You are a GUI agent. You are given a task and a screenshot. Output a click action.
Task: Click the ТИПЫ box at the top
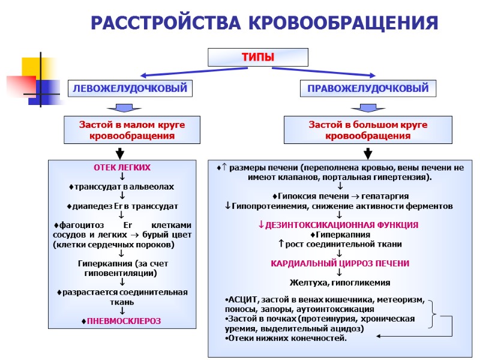point(257,57)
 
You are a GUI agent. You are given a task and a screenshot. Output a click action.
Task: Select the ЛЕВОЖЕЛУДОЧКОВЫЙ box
point(130,88)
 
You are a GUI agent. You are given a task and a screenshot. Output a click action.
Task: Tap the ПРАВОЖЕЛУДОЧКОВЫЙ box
point(368,88)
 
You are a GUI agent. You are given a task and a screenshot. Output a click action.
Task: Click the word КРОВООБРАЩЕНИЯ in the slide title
point(343,23)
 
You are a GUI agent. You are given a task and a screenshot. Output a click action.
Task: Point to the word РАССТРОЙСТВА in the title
point(167,23)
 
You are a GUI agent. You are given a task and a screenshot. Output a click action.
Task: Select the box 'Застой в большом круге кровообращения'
point(368,130)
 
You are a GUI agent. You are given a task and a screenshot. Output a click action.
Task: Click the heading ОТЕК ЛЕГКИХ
point(122,167)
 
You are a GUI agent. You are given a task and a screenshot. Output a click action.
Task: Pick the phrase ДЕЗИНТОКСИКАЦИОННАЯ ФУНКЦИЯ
point(340,224)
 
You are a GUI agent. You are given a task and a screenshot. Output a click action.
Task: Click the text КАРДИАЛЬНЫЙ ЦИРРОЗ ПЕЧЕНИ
point(340,263)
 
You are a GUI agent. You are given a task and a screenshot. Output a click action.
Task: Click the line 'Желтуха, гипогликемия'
point(340,282)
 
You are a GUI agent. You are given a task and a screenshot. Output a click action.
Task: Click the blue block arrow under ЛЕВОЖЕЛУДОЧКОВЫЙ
point(124,108)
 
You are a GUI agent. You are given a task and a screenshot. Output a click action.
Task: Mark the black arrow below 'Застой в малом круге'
point(121,153)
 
